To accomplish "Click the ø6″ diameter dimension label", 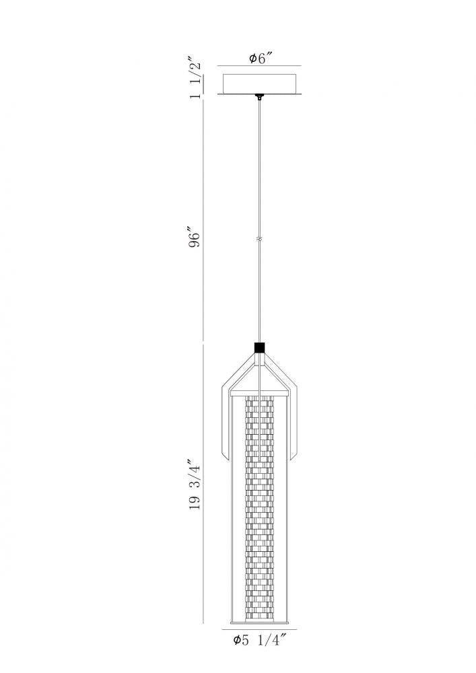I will (259, 59).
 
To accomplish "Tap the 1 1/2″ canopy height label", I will (196, 80).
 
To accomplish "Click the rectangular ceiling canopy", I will (259, 83).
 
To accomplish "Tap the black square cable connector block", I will (259, 348).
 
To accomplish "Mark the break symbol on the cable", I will (259, 240).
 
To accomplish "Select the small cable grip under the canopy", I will (259, 98).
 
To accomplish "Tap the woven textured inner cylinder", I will (259, 511).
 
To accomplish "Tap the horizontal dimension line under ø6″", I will (259, 67).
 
